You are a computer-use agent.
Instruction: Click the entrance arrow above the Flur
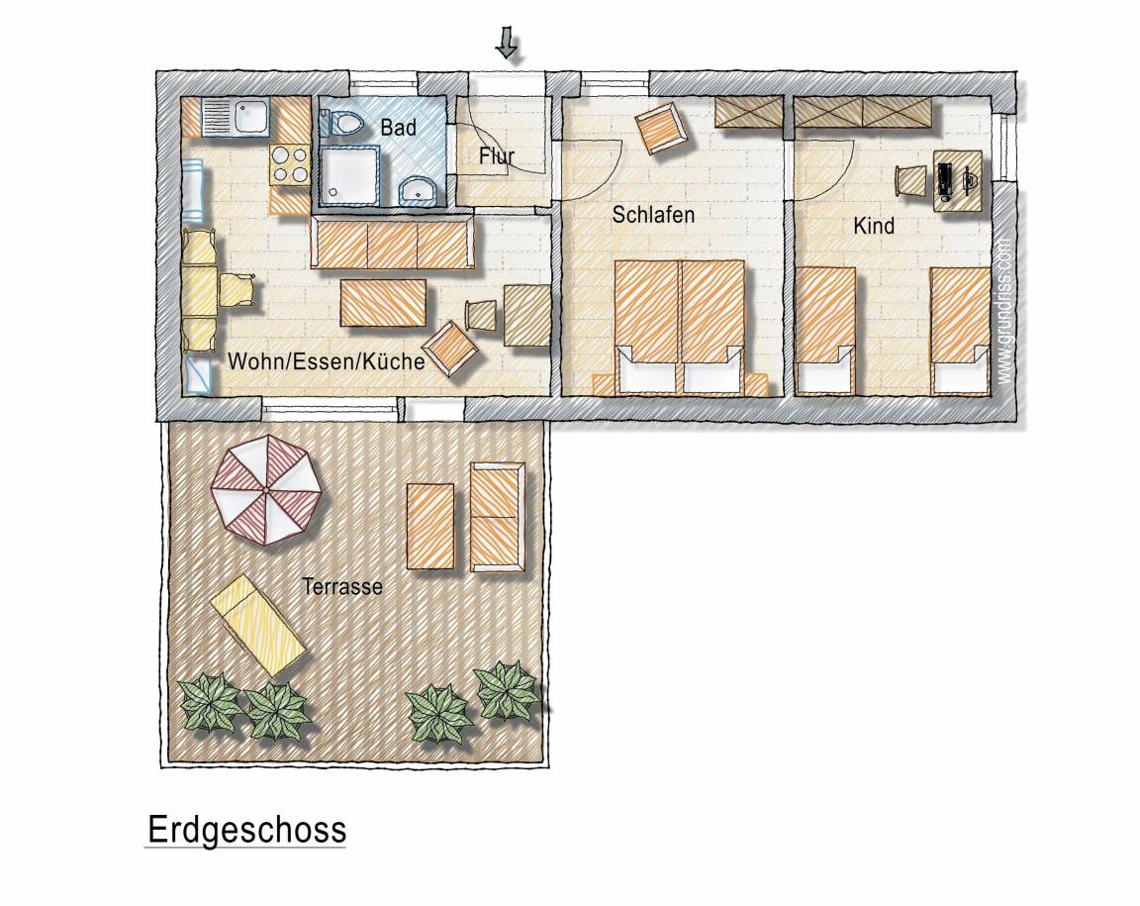507,43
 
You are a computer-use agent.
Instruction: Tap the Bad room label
398,128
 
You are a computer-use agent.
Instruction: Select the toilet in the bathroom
340,123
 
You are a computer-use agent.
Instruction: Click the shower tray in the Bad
349,173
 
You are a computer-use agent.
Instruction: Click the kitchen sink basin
249,115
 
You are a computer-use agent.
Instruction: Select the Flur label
497,155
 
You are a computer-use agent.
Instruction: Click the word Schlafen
653,215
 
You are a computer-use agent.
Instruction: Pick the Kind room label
873,226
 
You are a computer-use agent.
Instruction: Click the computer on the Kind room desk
945,181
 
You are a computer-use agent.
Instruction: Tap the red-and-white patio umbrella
266,490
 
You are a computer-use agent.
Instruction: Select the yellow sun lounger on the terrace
257,625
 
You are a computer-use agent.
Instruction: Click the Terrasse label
341,586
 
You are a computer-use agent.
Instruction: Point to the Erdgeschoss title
246,831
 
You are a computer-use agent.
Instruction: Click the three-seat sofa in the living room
393,243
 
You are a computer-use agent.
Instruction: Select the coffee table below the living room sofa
383,303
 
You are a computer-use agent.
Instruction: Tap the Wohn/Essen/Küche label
326,361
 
